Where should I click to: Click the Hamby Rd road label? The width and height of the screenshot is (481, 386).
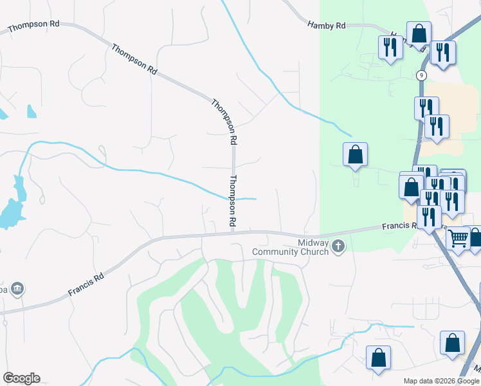[x=327, y=26]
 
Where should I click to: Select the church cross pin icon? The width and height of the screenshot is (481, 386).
[x=338, y=246]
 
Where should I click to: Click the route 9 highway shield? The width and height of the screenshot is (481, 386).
[x=422, y=75]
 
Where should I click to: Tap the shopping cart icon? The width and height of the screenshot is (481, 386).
[x=458, y=239]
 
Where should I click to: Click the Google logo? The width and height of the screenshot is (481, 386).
[x=21, y=378]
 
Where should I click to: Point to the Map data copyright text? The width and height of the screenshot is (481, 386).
[x=441, y=381]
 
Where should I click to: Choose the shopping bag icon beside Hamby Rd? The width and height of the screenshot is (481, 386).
[x=419, y=33]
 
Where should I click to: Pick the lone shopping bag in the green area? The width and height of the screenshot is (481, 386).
[x=355, y=154]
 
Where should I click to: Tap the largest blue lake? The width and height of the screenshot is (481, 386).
[x=9, y=214]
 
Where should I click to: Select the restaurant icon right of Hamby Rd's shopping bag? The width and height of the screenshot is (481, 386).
[x=442, y=53]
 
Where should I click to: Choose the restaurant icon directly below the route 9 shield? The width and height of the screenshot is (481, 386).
[x=426, y=107]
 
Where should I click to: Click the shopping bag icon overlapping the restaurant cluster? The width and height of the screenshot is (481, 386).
[x=411, y=186]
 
